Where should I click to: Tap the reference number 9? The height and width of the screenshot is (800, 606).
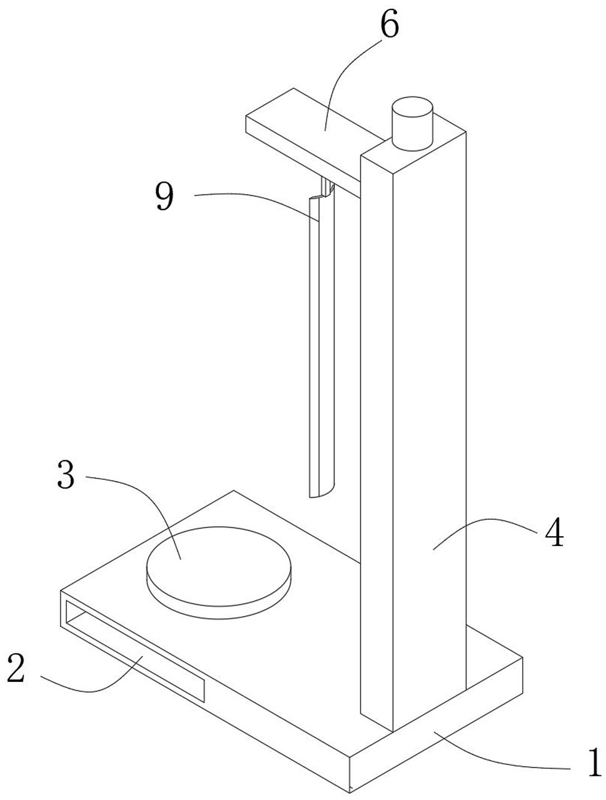[165, 197]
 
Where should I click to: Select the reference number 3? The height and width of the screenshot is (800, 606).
[66, 475]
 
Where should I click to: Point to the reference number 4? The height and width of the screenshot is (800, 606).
[553, 534]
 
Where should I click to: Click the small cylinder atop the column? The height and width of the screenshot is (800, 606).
[412, 124]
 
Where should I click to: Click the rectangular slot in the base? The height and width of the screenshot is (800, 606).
[134, 651]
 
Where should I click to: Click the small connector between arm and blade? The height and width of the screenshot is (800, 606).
[326, 186]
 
